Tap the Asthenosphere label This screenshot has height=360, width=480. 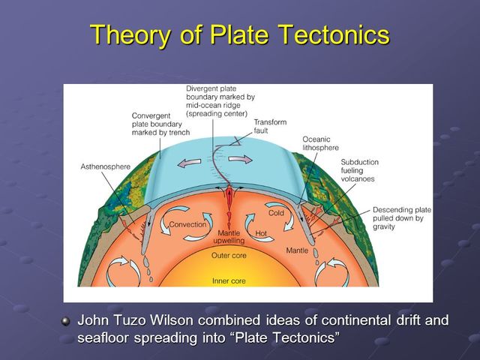[104, 166]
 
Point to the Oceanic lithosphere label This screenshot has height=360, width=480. [321, 143]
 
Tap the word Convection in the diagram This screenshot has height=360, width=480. [187, 224]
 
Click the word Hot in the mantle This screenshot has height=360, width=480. [261, 234]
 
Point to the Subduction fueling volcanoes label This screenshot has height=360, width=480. [358, 170]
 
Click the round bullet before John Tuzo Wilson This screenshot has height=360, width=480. [65, 321]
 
